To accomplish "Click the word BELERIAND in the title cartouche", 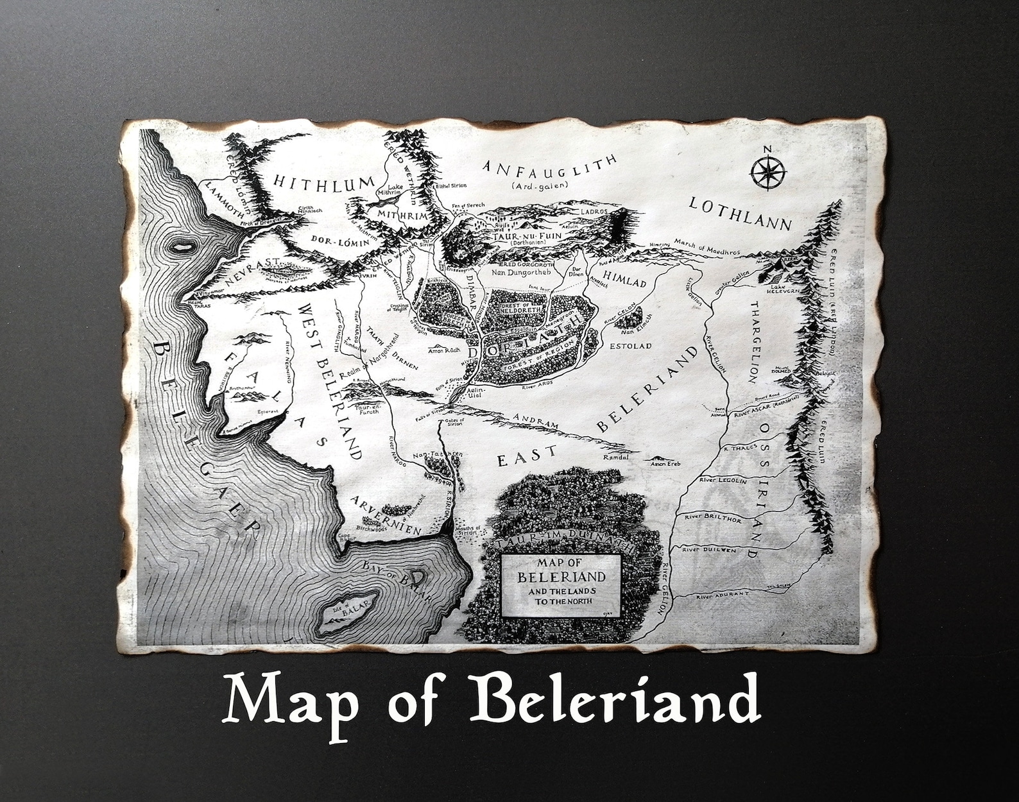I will [561, 576].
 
